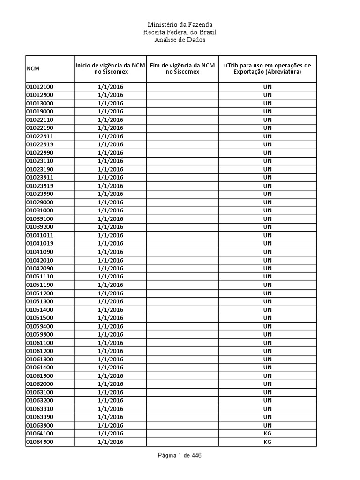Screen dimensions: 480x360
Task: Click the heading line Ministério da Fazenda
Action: (180, 24)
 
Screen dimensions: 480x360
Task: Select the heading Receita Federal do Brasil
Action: (180, 32)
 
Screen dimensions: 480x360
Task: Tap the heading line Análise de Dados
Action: (180, 40)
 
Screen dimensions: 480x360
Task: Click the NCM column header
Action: (33, 69)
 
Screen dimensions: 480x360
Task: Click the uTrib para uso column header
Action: (267, 68)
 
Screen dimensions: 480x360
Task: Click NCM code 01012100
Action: (39, 87)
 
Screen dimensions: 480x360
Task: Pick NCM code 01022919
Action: (39, 144)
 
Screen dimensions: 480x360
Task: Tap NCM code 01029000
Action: (39, 202)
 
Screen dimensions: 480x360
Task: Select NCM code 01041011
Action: (39, 235)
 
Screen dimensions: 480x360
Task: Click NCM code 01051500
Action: (39, 318)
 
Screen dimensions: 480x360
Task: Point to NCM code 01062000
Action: (39, 384)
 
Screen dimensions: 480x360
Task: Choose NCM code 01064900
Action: (39, 442)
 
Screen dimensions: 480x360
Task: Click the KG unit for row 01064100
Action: (267, 434)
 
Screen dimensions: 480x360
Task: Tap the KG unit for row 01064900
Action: (267, 442)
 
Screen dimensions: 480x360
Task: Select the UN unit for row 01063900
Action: (267, 425)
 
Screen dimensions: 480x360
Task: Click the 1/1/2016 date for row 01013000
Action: (111, 103)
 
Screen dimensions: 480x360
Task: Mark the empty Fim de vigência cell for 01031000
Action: (182, 210)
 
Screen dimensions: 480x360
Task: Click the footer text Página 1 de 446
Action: (180, 455)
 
